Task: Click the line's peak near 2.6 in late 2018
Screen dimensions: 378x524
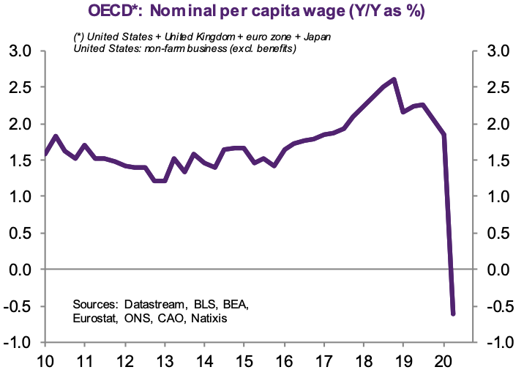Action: click(x=394, y=79)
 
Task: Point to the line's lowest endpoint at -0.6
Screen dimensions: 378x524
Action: click(x=454, y=314)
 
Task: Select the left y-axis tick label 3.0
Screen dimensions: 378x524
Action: click(x=20, y=51)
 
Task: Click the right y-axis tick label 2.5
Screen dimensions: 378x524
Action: click(x=504, y=88)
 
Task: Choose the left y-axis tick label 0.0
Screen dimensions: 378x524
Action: click(x=20, y=270)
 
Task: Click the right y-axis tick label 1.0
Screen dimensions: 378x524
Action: click(x=504, y=197)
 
